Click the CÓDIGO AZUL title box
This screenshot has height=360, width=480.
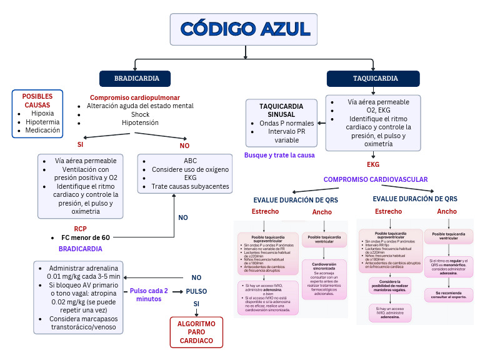click(243, 29)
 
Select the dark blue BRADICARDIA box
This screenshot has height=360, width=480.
click(136, 79)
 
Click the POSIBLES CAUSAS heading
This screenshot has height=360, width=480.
click(37, 101)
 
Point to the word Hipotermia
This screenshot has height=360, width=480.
click(42, 122)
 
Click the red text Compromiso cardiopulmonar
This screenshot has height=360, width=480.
click(134, 97)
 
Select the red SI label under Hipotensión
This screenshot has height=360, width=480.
click(80, 144)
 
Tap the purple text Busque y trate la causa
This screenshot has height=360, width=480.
click(279, 155)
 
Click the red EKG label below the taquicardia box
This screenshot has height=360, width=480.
click(373, 165)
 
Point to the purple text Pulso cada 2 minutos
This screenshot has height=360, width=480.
click(149, 295)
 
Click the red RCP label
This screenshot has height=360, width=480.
click(80, 229)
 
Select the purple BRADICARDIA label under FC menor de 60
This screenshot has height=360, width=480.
click(80, 248)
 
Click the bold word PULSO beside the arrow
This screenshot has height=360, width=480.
click(196, 291)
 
